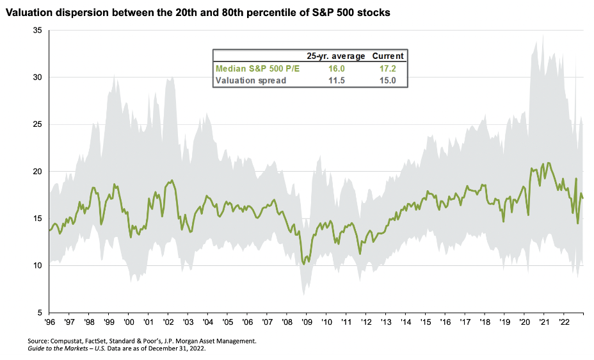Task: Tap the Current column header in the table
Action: [x=388, y=56]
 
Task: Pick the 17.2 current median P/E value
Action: [x=388, y=68]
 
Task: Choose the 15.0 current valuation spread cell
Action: [x=388, y=81]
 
